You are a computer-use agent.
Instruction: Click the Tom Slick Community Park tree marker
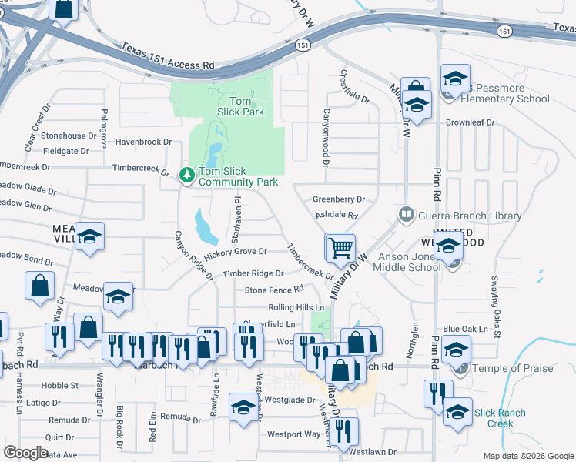point(186,176)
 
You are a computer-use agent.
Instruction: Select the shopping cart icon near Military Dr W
point(340,248)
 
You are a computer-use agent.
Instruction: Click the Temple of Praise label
point(513,369)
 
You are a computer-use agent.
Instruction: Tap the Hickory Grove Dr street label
point(235,252)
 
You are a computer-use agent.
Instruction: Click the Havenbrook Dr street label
point(143,142)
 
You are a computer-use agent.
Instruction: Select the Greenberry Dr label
point(338,199)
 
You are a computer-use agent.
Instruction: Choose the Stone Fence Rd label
point(274,290)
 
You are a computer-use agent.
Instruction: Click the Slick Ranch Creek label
point(500,418)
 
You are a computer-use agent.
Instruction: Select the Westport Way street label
point(293,434)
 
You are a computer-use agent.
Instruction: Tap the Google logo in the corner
point(26,453)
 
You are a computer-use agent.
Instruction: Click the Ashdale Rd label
point(337,216)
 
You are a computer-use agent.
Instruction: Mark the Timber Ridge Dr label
point(253,274)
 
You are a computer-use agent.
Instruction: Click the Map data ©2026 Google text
point(527,456)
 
